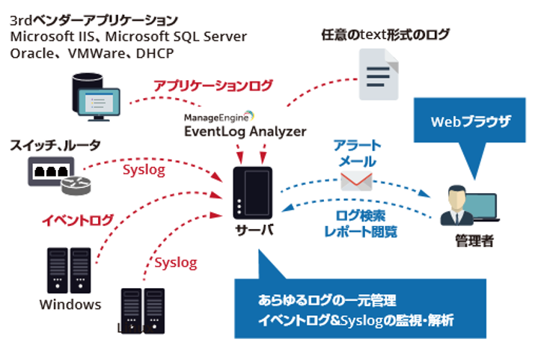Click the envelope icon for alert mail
356,181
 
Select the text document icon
378,75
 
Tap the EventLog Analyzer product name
245,132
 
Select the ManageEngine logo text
217,116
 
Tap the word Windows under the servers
70,304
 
